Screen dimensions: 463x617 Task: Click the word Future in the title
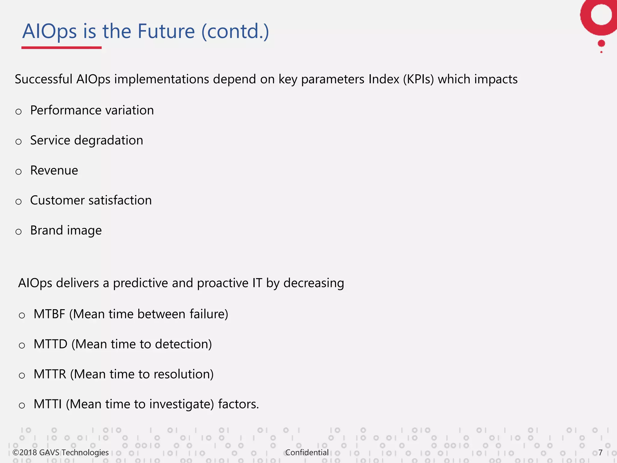pos(166,31)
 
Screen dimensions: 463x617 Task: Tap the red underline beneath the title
pos(61,48)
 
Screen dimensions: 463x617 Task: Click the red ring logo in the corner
pos(600,17)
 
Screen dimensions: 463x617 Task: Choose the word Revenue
pos(54,171)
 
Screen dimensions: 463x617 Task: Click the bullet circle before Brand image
pos(19,232)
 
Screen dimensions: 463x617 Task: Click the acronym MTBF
pos(49,314)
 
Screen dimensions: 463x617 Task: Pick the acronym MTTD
pos(50,344)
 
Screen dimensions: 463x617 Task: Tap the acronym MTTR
pos(50,374)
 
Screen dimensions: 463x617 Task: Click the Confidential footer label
pos(307,452)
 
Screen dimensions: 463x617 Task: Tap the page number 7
pos(600,452)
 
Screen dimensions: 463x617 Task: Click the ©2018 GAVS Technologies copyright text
pos(61,452)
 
